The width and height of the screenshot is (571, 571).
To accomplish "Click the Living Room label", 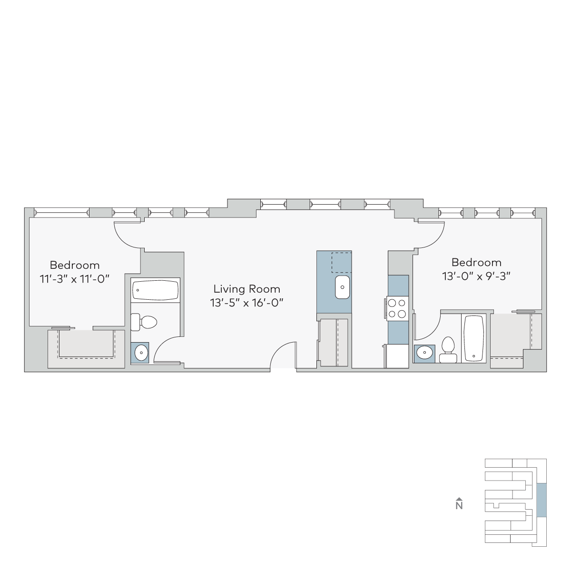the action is [246, 289].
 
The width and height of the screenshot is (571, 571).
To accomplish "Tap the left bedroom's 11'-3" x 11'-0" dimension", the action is [75, 279].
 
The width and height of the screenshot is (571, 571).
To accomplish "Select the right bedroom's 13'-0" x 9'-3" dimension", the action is [476, 276].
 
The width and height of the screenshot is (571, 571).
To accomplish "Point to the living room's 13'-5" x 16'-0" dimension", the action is [246, 303].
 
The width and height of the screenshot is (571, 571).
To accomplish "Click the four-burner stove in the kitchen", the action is [397, 308].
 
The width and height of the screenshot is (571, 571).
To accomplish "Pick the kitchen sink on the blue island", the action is [342, 287].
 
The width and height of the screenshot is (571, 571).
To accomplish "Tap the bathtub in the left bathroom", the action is [155, 290].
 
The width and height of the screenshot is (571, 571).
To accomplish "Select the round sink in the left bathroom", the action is [141, 353].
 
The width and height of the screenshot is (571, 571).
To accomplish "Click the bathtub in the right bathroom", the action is [473, 338].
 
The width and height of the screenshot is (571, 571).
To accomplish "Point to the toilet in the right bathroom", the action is [448, 350].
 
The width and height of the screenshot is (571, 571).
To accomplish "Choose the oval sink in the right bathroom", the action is [424, 353].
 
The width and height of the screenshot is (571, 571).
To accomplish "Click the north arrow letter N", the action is [459, 505].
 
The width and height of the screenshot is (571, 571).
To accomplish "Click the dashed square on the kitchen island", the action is [341, 262].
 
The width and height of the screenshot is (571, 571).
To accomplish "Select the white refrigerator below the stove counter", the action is [397, 356].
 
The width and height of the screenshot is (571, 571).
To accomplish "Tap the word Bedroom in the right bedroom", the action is [476, 263].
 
